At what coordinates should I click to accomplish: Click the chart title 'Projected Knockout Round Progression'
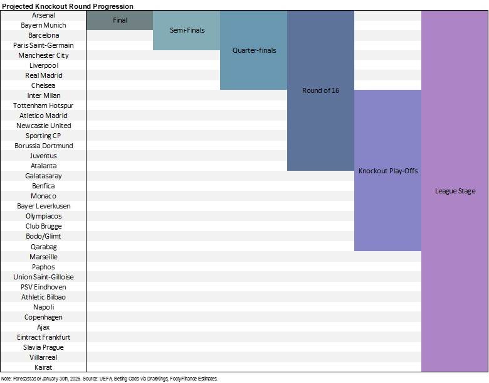tap(68, 6)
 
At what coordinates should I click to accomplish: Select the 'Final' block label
tap(120, 20)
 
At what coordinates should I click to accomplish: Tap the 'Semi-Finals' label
tap(187, 30)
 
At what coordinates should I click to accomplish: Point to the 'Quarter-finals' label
tap(254, 50)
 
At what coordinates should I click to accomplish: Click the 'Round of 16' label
tap(320, 90)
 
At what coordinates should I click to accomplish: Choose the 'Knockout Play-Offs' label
tap(388, 171)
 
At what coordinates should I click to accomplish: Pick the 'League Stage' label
tap(455, 191)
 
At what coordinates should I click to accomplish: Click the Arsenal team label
tap(43, 15)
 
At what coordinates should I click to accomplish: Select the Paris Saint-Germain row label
tap(43, 45)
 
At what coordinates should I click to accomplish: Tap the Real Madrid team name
tap(44, 75)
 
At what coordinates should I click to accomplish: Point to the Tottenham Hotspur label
tap(43, 105)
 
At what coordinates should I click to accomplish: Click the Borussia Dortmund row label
tap(44, 146)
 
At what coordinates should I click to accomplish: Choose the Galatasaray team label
tap(43, 176)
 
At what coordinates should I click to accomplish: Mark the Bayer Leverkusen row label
tap(44, 206)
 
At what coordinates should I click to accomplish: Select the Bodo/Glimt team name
tap(43, 236)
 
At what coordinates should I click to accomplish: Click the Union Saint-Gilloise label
tap(43, 277)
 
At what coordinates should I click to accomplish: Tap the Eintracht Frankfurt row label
tap(44, 337)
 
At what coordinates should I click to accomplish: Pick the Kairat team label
tap(43, 367)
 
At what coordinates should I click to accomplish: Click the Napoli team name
tap(44, 307)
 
